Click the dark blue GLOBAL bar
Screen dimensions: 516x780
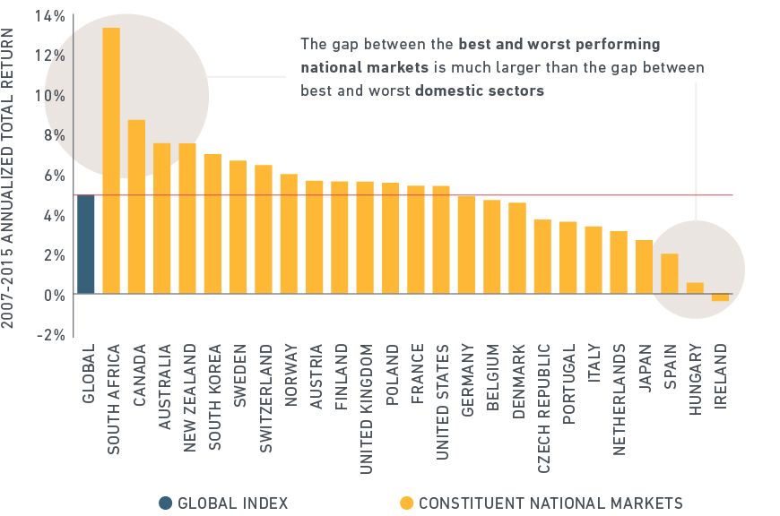pyautogui.click(x=85, y=245)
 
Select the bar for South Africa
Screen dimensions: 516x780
pyautogui.click(x=111, y=161)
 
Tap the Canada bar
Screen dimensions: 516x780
pyautogui.click(x=136, y=207)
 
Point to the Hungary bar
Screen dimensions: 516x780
pyautogui.click(x=695, y=288)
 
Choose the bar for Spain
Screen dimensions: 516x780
pyautogui.click(x=670, y=274)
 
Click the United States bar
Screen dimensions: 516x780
pyautogui.click(x=441, y=240)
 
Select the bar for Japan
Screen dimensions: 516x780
pyautogui.click(x=644, y=267)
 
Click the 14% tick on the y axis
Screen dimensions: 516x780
pyautogui.click(x=50, y=16)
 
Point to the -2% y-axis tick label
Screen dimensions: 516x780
pyautogui.click(x=50, y=335)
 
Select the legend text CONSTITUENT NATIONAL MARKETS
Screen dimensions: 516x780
pyautogui.click(x=550, y=503)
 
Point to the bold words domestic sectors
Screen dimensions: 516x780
pyautogui.click(x=480, y=90)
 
